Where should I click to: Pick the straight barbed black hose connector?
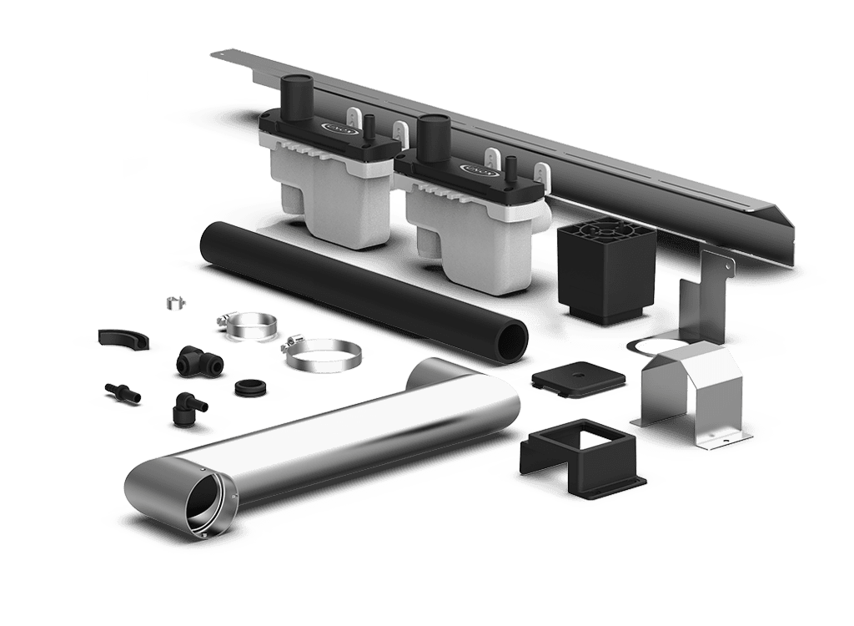(x=123, y=392)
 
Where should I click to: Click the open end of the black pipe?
(x=511, y=342)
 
